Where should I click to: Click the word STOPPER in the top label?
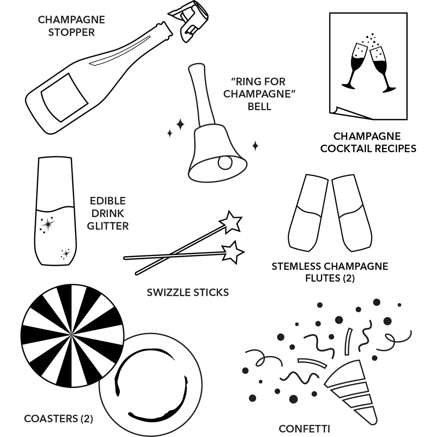coord(71,32)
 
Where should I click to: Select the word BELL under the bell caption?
coord(259,107)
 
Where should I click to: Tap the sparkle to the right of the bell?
coord(255,146)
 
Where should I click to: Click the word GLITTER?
coord(108,226)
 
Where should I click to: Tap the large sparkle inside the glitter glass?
coord(47,224)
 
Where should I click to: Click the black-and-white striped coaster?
coord(73,336)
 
